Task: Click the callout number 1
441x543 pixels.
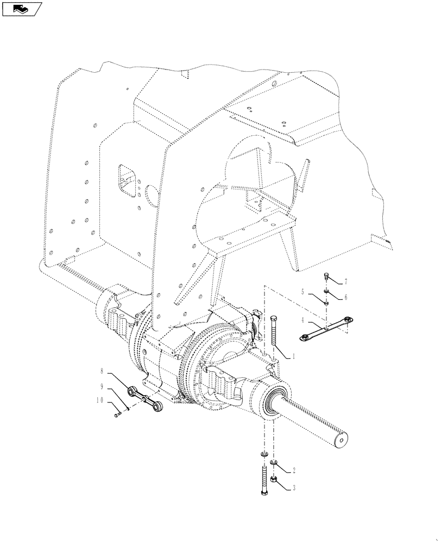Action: [294, 356]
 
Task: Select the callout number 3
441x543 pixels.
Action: [294, 488]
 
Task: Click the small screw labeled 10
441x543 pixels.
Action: [118, 415]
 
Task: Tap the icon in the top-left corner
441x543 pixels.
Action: [22, 8]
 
